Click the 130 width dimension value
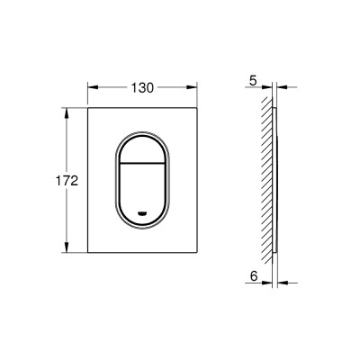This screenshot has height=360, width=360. [142, 87]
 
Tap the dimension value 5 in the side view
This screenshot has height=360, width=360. [254, 79]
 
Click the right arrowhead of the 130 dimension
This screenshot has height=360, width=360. [193, 88]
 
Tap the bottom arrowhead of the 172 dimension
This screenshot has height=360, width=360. [67, 247]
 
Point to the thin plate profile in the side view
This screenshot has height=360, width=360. [276, 180]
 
